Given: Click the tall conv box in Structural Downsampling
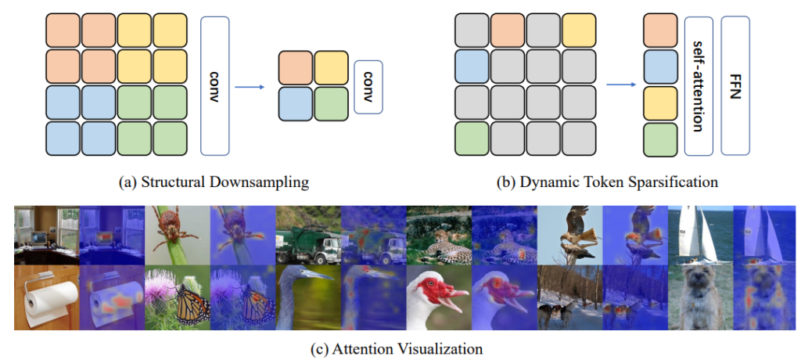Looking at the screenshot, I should pyautogui.click(x=215, y=85).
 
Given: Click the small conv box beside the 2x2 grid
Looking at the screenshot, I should pyautogui.click(x=368, y=86).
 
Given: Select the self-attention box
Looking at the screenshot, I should pyautogui.click(x=699, y=85).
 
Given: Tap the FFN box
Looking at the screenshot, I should pyautogui.click(x=735, y=85).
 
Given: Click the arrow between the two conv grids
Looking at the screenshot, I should pyautogui.click(x=250, y=86).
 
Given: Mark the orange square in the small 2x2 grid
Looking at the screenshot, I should pyautogui.click(x=296, y=68).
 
